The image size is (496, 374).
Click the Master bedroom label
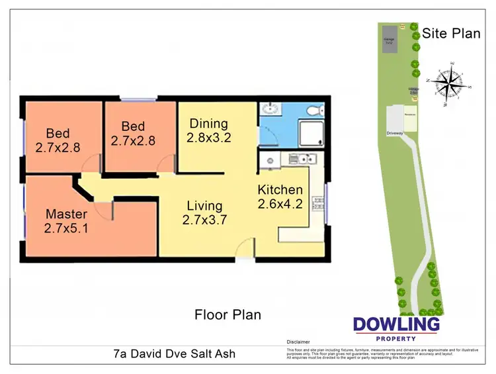pos(66,221)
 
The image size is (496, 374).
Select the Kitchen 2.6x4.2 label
pos(280,197)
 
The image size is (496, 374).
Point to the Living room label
pos(204,213)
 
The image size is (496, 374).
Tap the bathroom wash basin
pos(270,110)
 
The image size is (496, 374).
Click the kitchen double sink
pos(304,158)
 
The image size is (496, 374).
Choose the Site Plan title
pos(451,33)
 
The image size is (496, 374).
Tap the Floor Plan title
pos(227,314)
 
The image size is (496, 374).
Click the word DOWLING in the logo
pos(396,324)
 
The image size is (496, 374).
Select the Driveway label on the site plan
pos(395,132)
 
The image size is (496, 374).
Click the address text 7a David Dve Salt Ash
pos(174,353)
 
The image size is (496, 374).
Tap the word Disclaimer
pos(299,343)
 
